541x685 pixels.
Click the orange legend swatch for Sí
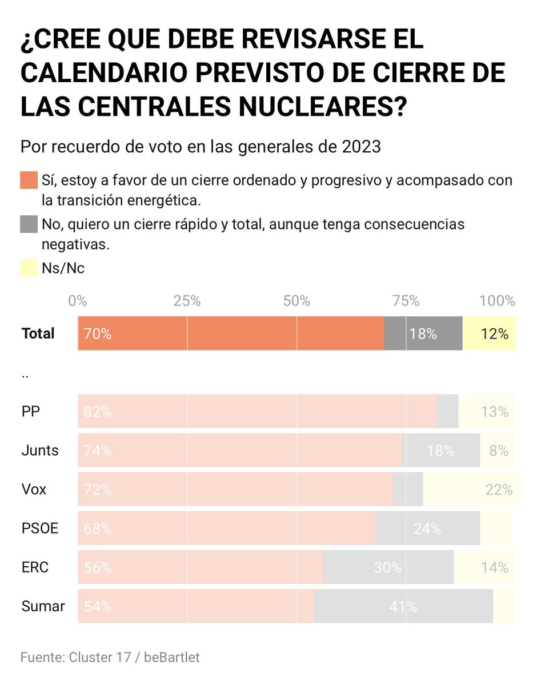(29, 180)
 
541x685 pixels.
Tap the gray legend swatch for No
(29, 224)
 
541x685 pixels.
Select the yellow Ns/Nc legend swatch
(29, 268)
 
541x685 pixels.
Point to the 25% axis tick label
(187, 301)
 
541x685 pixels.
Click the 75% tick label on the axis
(406, 301)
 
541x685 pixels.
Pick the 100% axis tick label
(498, 301)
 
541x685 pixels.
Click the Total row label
(38, 333)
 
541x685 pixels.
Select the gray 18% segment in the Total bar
(423, 333)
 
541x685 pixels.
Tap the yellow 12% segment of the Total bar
(489, 333)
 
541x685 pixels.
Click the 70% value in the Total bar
(97, 334)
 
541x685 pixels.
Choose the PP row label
(30, 412)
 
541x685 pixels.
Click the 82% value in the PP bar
(97, 412)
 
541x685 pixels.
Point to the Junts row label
(39, 450)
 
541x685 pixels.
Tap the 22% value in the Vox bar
(498, 490)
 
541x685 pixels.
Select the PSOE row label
(39, 529)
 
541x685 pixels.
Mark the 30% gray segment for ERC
(388, 567)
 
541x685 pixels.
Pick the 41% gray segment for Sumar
(403, 606)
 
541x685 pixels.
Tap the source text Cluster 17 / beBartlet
(134, 657)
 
